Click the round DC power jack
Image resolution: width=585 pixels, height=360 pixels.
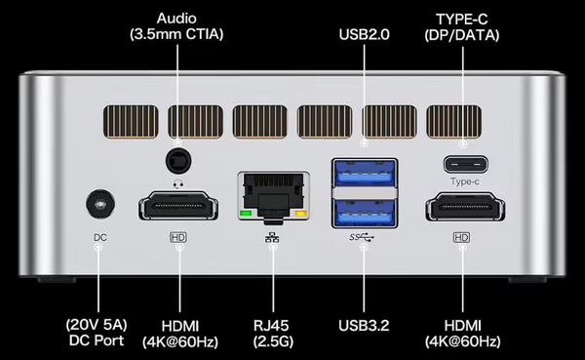point(100,204)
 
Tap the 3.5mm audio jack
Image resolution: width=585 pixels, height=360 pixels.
point(178,161)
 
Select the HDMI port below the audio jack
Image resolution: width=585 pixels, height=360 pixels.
point(178,206)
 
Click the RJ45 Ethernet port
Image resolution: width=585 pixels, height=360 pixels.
point(273,196)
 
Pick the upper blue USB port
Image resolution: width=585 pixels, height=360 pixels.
point(365,173)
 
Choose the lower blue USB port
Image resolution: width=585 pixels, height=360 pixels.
point(365,213)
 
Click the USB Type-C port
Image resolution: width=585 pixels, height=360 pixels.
point(465,165)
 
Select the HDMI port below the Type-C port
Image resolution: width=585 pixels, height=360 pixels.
point(465,206)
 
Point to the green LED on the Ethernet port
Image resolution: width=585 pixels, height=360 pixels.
point(246,214)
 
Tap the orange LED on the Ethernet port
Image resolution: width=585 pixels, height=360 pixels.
point(300,214)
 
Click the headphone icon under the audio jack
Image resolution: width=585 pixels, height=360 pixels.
point(178,183)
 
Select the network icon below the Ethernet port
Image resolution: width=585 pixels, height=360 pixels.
point(272,237)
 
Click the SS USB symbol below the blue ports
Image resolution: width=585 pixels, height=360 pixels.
point(362,237)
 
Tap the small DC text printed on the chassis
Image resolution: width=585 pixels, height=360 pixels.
point(100,237)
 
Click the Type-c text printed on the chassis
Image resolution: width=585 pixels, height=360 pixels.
point(464,181)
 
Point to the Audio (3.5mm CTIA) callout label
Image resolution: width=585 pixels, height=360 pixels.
point(176,26)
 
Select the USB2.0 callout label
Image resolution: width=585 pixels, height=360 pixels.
point(364,34)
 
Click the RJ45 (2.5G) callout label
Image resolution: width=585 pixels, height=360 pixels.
point(273,334)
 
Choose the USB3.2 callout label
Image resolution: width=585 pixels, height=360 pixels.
point(364,326)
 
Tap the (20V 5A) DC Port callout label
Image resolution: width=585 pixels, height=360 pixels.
point(97,333)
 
